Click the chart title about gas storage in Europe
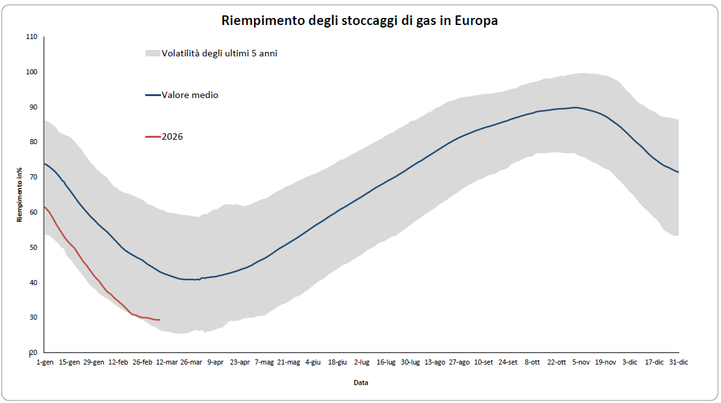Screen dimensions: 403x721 (360, 21)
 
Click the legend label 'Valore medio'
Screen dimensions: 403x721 (190, 95)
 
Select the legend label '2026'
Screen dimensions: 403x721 (172, 136)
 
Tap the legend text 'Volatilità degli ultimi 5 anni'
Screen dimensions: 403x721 (219, 53)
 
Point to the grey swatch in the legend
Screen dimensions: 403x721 (152, 53)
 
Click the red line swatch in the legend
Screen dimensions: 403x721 (153, 136)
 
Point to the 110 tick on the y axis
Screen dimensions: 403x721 (31, 37)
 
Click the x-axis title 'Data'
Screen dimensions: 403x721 (360, 382)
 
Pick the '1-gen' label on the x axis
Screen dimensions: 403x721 (44, 362)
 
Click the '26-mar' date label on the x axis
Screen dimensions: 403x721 (191, 362)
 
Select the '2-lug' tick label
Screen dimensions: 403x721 (362, 362)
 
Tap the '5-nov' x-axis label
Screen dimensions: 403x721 (581, 362)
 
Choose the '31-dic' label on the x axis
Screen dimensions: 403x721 (679, 362)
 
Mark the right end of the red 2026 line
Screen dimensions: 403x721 (160, 320)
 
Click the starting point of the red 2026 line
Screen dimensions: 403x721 (44, 207)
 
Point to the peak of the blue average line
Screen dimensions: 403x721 (575, 107)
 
